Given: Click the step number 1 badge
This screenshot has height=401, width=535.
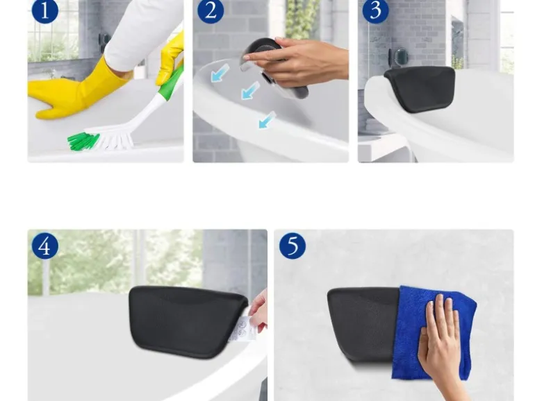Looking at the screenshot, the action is coord(44,10).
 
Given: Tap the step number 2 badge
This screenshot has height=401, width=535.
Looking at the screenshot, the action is coord(211,10).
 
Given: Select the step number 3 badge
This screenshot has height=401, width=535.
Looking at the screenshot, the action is coord(375,10).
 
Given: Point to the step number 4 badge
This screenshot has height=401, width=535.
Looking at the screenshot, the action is coord(44,246).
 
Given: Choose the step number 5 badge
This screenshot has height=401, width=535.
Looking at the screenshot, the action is coord(293,246).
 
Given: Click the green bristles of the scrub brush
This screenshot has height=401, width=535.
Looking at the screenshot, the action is coord(83,141).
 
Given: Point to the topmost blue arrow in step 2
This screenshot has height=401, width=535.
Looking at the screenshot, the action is coord(220,73).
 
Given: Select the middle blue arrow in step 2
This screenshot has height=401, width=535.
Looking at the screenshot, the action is coord(250,90).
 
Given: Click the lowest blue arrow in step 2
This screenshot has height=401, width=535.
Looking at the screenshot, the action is coord(267,120).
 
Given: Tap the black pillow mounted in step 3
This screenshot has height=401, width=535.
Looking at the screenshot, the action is coord(420,88).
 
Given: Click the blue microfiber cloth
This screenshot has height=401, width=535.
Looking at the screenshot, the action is coord(434,333).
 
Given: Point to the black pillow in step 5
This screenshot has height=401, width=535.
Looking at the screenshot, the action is coord(363,325).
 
